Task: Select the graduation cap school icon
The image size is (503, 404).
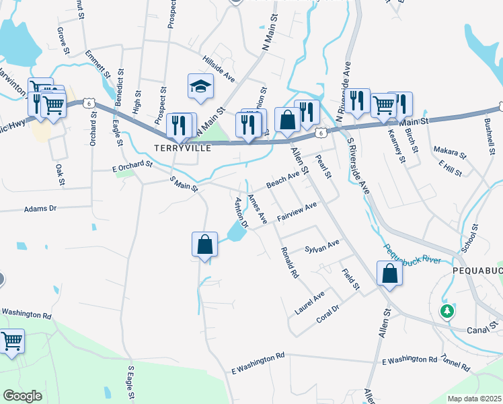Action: pos(200,87)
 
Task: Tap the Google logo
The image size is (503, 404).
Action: pos(23,396)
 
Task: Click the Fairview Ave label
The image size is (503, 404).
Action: pos(297,215)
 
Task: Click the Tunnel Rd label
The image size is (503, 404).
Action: pos(456,364)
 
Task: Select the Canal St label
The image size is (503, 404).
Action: pos(483,331)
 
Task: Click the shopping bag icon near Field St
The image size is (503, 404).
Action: pos(389,274)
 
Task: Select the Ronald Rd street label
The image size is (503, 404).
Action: pos(290,262)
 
